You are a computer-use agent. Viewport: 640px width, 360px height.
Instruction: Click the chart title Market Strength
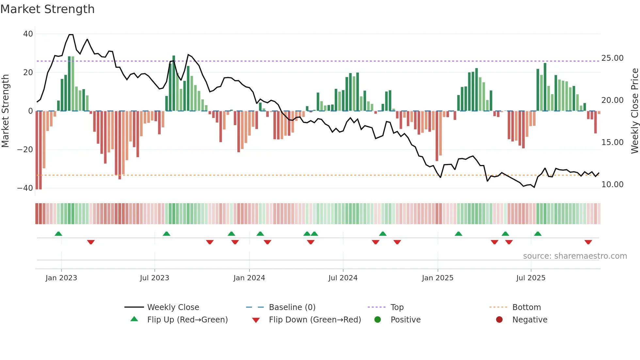pyautogui.click(x=47, y=9)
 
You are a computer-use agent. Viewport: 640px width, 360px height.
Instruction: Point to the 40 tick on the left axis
pyautogui.click(x=28, y=34)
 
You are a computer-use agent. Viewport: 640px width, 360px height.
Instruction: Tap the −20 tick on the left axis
pyautogui.click(x=25, y=150)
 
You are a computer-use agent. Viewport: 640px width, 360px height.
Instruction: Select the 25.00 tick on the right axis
pyautogui.click(x=612, y=58)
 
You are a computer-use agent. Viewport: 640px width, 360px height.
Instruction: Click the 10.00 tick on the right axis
pyautogui.click(x=612, y=185)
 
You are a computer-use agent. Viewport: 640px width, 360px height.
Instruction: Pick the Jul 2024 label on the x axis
pyautogui.click(x=343, y=278)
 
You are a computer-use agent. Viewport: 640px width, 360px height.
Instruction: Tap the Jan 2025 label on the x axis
pyautogui.click(x=438, y=278)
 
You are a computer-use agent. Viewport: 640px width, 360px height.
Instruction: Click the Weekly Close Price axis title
pyautogui.click(x=634, y=111)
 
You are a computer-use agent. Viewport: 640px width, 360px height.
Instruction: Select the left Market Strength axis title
pyautogui.click(x=6, y=111)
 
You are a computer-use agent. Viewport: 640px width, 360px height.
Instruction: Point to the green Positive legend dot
pyautogui.click(x=378, y=320)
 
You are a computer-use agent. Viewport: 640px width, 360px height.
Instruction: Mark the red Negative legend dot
pyautogui.click(x=499, y=320)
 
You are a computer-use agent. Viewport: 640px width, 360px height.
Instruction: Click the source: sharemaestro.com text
pyautogui.click(x=575, y=256)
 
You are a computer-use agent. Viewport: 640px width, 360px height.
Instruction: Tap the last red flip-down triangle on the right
pyautogui.click(x=588, y=242)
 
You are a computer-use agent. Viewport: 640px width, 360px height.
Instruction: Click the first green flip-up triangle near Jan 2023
pyautogui.click(x=58, y=234)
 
